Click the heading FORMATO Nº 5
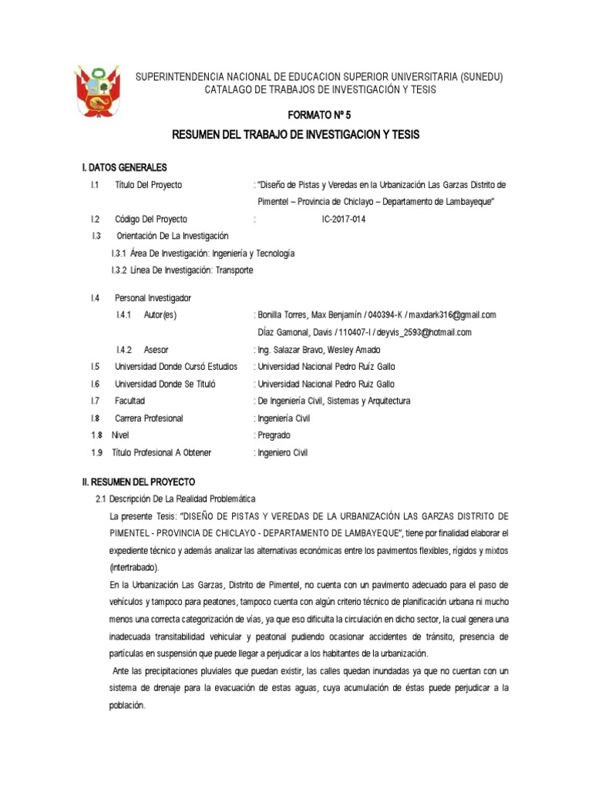(x=318, y=115)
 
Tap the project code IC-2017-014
(x=344, y=219)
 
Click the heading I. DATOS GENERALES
(x=124, y=168)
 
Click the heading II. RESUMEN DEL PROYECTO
(x=139, y=482)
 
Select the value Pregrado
(x=274, y=435)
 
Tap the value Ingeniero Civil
(x=282, y=453)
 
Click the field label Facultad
(x=129, y=401)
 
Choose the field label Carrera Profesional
(x=149, y=418)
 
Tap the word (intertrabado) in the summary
(x=133, y=567)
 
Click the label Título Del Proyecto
(x=149, y=185)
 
